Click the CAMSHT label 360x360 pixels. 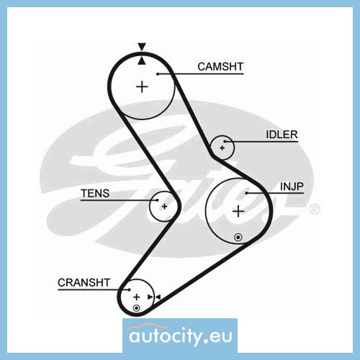coord(220,67)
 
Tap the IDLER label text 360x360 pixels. coord(282,135)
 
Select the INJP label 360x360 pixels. coord(292,186)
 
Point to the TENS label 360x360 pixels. coord(95,194)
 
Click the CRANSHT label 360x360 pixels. coord(84,283)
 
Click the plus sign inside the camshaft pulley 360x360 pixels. coord(142,86)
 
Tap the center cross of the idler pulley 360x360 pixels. coord(222,148)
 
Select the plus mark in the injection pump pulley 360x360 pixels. coord(238,211)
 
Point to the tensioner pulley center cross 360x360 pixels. coord(164,207)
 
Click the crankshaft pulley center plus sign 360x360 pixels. coord(137,297)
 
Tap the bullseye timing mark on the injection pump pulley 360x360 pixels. coord(238,238)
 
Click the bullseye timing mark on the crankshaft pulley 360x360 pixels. coord(136,308)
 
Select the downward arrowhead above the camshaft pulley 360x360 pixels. coord(142,47)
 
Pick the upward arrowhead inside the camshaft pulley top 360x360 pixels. coord(142,60)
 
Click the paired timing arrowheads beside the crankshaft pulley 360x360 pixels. coord(154,297)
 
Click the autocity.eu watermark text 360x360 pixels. coord(181,336)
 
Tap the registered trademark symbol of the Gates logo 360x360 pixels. coord(315,209)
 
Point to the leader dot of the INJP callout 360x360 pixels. coord(246,193)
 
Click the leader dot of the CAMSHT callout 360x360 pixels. coord(158,74)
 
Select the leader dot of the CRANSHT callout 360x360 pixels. coord(130,289)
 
